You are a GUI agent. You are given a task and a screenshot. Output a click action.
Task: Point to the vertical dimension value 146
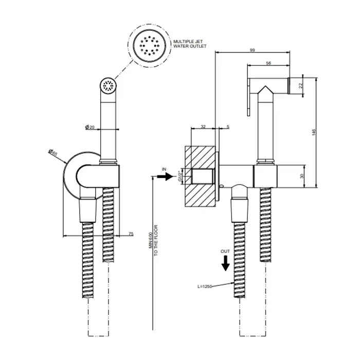tap(314, 132)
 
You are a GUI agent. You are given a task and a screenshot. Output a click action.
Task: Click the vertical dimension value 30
tap(302, 175)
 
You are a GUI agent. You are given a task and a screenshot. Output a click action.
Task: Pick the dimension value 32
tap(203, 125)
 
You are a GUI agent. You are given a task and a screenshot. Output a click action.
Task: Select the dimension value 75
tap(131, 233)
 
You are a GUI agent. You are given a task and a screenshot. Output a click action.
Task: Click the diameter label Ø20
tap(91, 127)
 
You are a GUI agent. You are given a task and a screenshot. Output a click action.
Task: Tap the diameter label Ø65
tap(53, 153)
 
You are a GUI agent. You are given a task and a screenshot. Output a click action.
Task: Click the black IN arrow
tap(166, 176)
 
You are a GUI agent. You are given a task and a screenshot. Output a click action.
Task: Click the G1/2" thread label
tap(181, 176)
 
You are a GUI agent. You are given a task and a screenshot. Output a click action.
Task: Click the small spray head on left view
tap(109, 86)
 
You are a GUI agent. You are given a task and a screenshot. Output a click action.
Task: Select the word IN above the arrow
tap(165, 169)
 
